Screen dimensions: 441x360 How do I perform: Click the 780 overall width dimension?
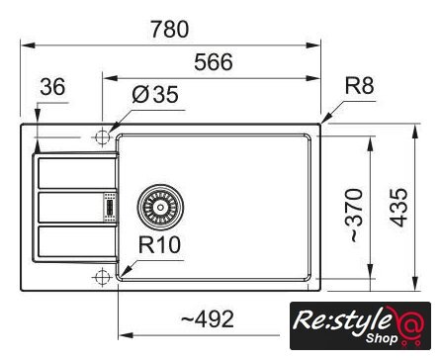click(170, 29)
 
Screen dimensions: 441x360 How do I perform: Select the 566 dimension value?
click(214, 62)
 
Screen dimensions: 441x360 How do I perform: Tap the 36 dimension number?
click(52, 87)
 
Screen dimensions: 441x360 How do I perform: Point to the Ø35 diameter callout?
click(155, 95)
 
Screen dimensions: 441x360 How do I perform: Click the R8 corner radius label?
click(360, 86)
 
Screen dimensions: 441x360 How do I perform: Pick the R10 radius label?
click(159, 245)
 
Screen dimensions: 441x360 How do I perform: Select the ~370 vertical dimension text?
click(355, 215)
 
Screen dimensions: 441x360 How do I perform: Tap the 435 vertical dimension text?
click(398, 208)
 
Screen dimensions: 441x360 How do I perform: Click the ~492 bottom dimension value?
click(208, 318)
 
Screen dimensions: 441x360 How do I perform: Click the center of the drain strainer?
click(160, 207)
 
